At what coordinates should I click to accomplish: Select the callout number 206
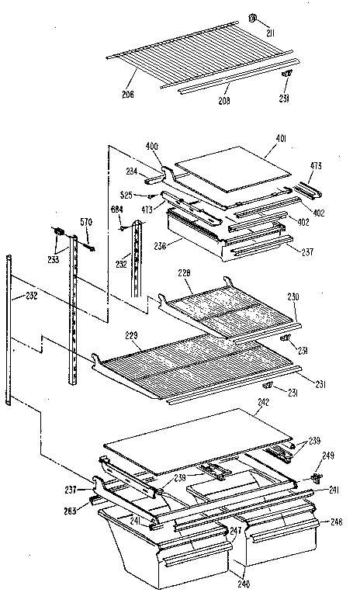click(127, 94)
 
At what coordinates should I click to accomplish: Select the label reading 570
click(87, 222)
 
